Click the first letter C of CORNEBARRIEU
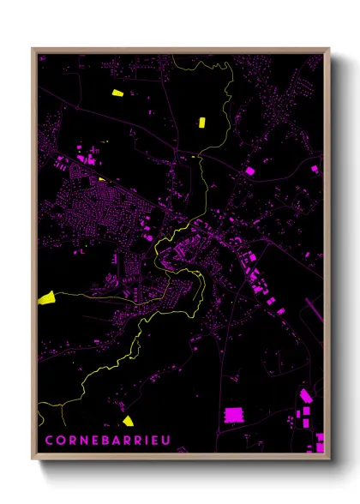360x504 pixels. pyautogui.click(x=48, y=441)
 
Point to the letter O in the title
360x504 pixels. pyautogui.click(x=62, y=441)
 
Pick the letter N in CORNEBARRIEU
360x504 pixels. pyautogui.click(x=84, y=441)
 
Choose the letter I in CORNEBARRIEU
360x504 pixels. pyautogui.click(x=145, y=441)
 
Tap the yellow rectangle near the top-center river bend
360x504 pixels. pyautogui.click(x=202, y=122)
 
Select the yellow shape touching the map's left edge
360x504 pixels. pyautogui.click(x=45, y=297)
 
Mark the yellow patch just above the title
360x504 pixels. pyautogui.click(x=128, y=420)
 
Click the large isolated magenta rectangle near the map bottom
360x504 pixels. pyautogui.click(x=234, y=416)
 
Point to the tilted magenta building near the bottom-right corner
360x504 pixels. pyautogui.click(x=306, y=396)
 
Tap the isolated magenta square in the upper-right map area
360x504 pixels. pyautogui.click(x=250, y=171)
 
